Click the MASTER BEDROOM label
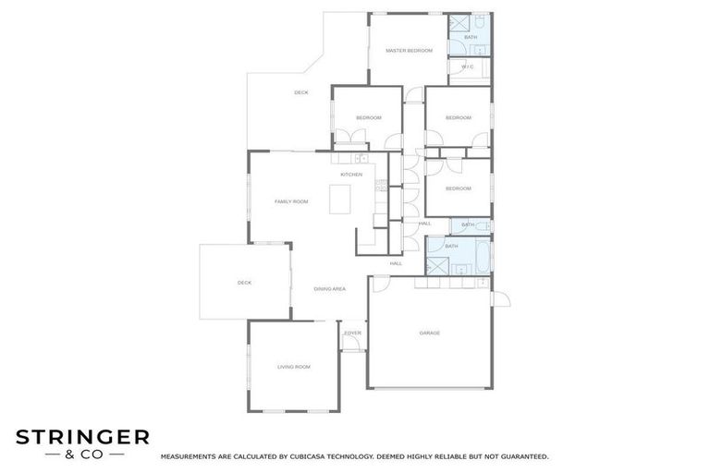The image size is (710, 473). coord(409,50)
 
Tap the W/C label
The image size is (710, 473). coord(467,67)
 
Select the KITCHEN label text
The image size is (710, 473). coord(351,175)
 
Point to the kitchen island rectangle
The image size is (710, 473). coord(340,197)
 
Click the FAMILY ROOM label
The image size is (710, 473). coord(291,200)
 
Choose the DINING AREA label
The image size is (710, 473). coord(329,289)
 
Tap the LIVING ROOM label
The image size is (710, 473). coord(294,367)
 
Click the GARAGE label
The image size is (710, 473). coord(429,333)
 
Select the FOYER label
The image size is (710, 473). coord(352,333)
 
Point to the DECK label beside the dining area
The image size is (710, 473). coord(244,283)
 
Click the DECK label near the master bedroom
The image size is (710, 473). coord(300,92)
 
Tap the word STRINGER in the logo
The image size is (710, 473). coord(82,436)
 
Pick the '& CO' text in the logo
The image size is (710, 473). coord(82,454)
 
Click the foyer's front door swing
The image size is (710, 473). coord(351,344)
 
